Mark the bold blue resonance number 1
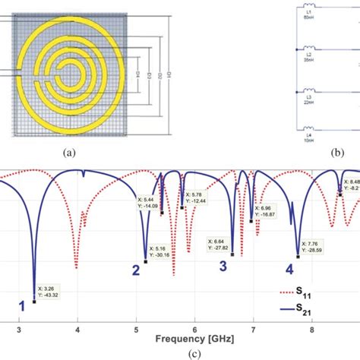22,306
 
